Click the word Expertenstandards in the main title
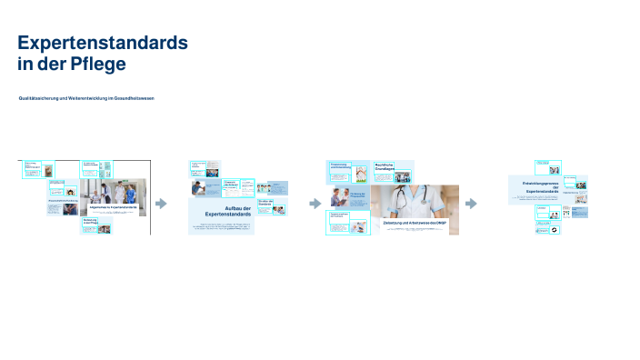[103, 43]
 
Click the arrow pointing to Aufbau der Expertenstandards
[162, 204]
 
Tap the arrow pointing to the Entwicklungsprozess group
[471, 204]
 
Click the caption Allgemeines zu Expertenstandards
[113, 207]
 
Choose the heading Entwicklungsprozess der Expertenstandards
[547, 187]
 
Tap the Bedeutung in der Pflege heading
[89, 221]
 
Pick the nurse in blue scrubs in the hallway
[130, 194]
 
